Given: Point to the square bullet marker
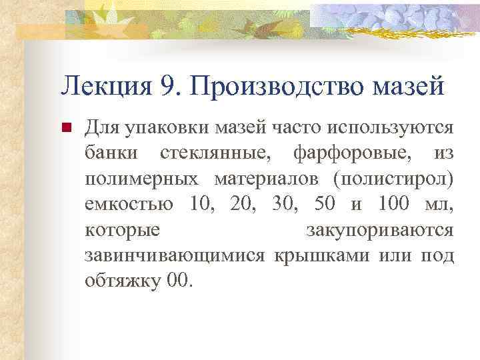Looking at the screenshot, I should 65,127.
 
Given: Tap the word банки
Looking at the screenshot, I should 112,153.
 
